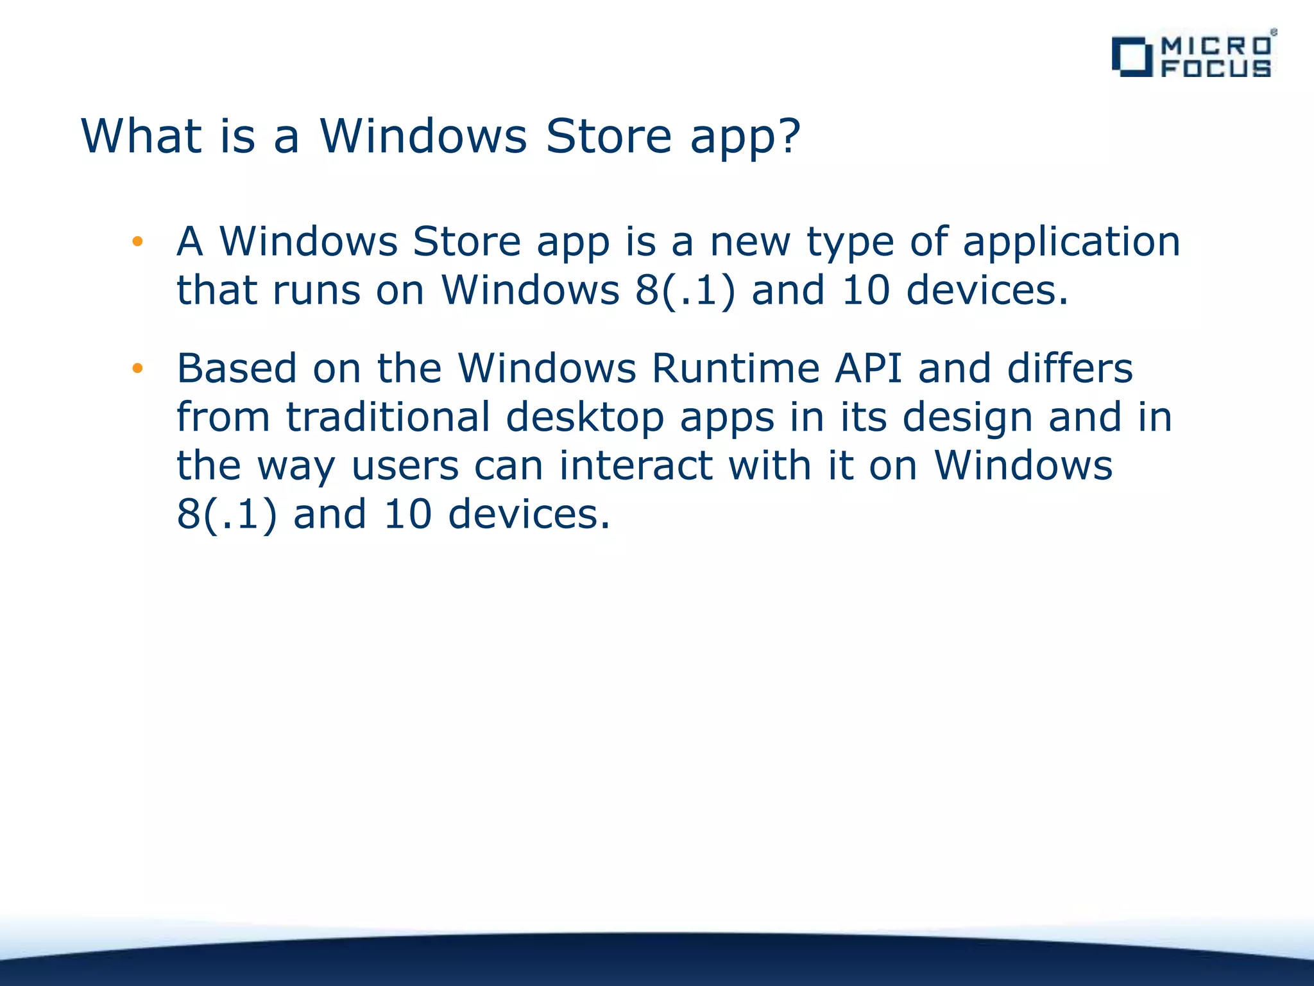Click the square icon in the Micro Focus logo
tap(1132, 57)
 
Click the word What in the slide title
tap(142, 136)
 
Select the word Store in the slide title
tap(608, 136)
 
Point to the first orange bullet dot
tap(137, 242)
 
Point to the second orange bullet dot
tap(137, 368)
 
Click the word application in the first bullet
tap(1071, 243)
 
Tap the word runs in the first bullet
tap(316, 290)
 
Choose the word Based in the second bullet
tap(237, 368)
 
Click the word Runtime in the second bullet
tap(735, 368)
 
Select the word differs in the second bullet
tap(1070, 368)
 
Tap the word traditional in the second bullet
tap(388, 417)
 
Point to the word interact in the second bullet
tap(636, 465)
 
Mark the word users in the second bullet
tap(405, 465)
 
